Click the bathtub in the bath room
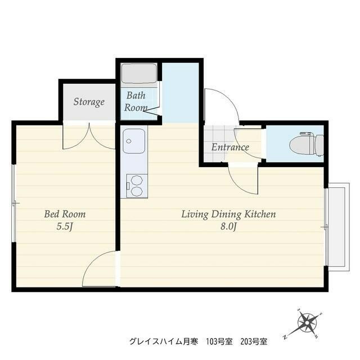[x=139, y=74]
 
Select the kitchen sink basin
[x=134, y=141]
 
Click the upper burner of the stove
[x=136, y=180]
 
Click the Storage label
[x=89, y=102]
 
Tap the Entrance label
[x=230, y=147]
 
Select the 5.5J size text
[x=65, y=227]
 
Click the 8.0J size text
[x=228, y=227]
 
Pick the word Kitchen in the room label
[x=260, y=214]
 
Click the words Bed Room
[x=65, y=214]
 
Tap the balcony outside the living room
[x=339, y=227]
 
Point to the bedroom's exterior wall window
[x=13, y=203]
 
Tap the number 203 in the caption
[x=246, y=342]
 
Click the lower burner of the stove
[x=136, y=191]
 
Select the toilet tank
[x=319, y=146]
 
